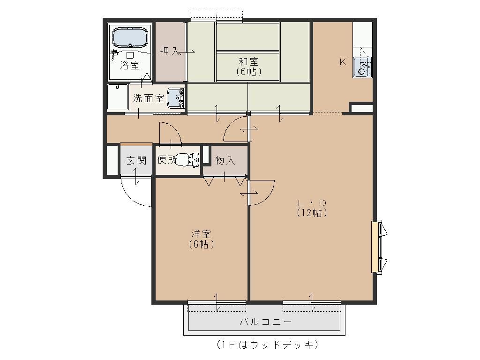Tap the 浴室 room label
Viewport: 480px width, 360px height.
(x=130, y=65)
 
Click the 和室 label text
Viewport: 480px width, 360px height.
(x=248, y=61)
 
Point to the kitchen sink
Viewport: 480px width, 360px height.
(x=362, y=67)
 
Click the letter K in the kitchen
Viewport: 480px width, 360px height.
(x=343, y=62)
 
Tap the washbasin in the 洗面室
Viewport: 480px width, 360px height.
(x=176, y=98)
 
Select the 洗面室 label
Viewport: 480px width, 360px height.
(x=149, y=98)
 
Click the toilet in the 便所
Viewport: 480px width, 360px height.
(x=187, y=159)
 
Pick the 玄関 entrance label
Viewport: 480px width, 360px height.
(x=136, y=160)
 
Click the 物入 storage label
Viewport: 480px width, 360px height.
(x=225, y=160)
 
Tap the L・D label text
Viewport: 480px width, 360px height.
(x=312, y=202)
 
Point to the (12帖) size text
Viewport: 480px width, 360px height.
(x=312, y=212)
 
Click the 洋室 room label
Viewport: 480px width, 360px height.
(x=201, y=234)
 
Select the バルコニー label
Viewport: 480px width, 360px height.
(x=265, y=322)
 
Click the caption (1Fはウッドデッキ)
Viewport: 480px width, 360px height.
(x=267, y=345)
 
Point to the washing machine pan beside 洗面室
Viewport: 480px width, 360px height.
(x=118, y=97)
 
